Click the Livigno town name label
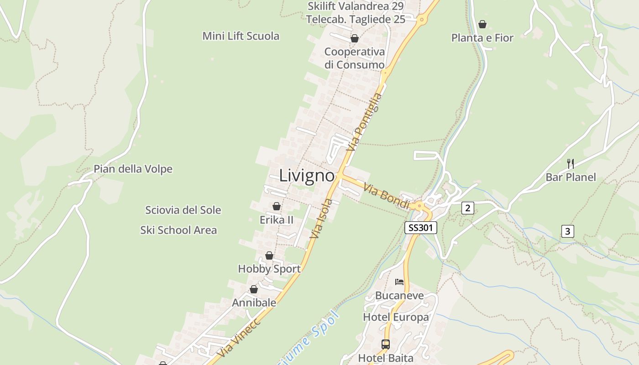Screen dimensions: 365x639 coord(307,176)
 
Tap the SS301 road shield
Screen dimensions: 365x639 coord(421,228)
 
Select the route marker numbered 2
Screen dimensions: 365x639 coord(467,208)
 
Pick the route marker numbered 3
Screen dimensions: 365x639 coord(567,231)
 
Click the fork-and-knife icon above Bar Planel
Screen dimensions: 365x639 coord(570,163)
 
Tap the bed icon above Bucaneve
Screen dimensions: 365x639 coord(399,282)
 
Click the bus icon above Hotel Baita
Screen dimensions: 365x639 coord(386,344)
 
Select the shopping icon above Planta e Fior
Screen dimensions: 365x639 coord(482,24)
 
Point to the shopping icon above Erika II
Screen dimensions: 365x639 coord(276,206)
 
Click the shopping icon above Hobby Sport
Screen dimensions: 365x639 coord(269,255)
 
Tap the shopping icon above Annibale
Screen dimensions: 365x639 coord(254,289)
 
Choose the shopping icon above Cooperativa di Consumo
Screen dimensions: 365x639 coord(354,38)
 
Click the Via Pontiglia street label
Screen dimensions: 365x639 coord(364,122)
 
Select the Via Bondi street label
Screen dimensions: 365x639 coord(387,197)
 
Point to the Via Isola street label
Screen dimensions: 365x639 coord(321,219)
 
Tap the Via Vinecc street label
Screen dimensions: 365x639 coord(238,338)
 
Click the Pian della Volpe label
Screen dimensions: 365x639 coord(133,169)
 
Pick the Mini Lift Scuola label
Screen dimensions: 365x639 coord(241,36)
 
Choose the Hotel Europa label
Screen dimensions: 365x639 coord(396,317)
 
